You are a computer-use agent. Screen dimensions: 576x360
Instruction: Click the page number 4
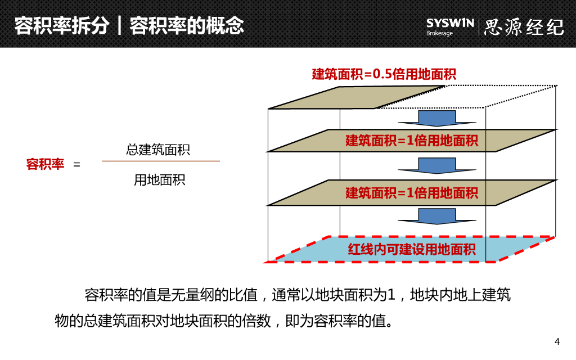[557, 341]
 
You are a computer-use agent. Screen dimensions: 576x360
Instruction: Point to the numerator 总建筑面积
[158, 150]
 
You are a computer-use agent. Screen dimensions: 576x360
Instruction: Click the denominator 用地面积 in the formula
[159, 180]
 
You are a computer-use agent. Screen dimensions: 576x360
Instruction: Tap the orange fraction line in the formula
[161, 161]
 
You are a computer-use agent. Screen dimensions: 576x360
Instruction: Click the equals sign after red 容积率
[77, 165]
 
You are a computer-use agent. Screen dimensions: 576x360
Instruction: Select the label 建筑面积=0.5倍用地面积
[384, 74]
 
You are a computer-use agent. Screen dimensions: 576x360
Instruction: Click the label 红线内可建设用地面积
[412, 249]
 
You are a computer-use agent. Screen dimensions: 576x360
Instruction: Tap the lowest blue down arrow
[427, 215]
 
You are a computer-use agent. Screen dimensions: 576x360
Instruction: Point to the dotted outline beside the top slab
[495, 96]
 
